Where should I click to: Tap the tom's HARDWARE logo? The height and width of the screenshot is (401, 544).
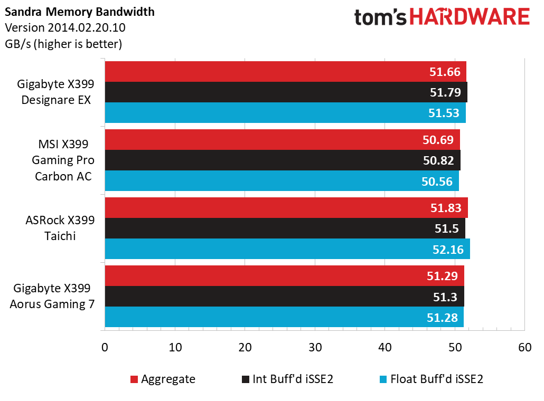442,17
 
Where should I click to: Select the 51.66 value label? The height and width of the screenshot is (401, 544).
445,72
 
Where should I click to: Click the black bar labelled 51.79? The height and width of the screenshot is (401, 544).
285,92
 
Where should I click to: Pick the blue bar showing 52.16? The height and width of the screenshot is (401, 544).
287,249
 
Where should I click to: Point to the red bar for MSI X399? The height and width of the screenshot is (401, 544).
282,140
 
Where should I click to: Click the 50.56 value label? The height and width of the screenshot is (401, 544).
437,181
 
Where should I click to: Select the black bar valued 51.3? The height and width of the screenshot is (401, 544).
284,297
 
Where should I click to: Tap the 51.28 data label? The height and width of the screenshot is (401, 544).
443,317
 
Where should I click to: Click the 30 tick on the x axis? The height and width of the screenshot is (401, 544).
315,348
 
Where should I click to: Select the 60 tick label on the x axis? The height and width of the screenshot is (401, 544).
524,348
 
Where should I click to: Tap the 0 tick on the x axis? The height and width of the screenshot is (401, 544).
105,348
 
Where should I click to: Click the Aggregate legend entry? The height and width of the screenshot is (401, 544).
162,379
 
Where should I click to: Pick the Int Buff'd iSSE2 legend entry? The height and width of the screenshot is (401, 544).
287,379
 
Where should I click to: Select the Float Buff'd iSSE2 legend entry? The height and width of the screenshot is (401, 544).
431,379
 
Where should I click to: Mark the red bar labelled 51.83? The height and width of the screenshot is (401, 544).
286,208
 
